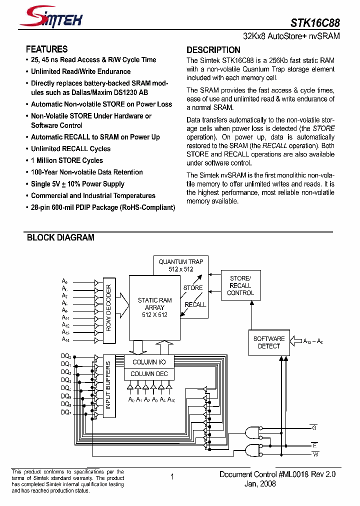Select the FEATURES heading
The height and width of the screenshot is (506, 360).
pyautogui.click(x=46, y=49)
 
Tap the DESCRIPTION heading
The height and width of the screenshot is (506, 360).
pyautogui.click(x=213, y=49)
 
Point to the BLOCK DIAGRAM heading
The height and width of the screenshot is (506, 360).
pyautogui.click(x=60, y=237)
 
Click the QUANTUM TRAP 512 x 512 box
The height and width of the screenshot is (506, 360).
pyautogui.click(x=180, y=265)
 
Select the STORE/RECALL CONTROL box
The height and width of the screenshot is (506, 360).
pyautogui.click(x=240, y=285)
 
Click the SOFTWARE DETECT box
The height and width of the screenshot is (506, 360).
pyautogui.click(x=269, y=342)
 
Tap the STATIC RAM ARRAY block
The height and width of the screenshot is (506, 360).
pyautogui.click(x=154, y=307)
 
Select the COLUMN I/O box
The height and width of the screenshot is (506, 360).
pyautogui.click(x=149, y=362)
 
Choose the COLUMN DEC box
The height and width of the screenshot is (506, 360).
pyautogui.click(x=149, y=374)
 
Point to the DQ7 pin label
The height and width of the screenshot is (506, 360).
pyautogui.click(x=65, y=412)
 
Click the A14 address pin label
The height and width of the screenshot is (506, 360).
pyautogui.click(x=65, y=339)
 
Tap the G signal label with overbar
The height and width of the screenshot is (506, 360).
pyautogui.click(x=314, y=427)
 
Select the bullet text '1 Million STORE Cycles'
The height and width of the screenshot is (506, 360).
pyautogui.click(x=66, y=160)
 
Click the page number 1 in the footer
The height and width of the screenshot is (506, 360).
pyautogui.click(x=172, y=476)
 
